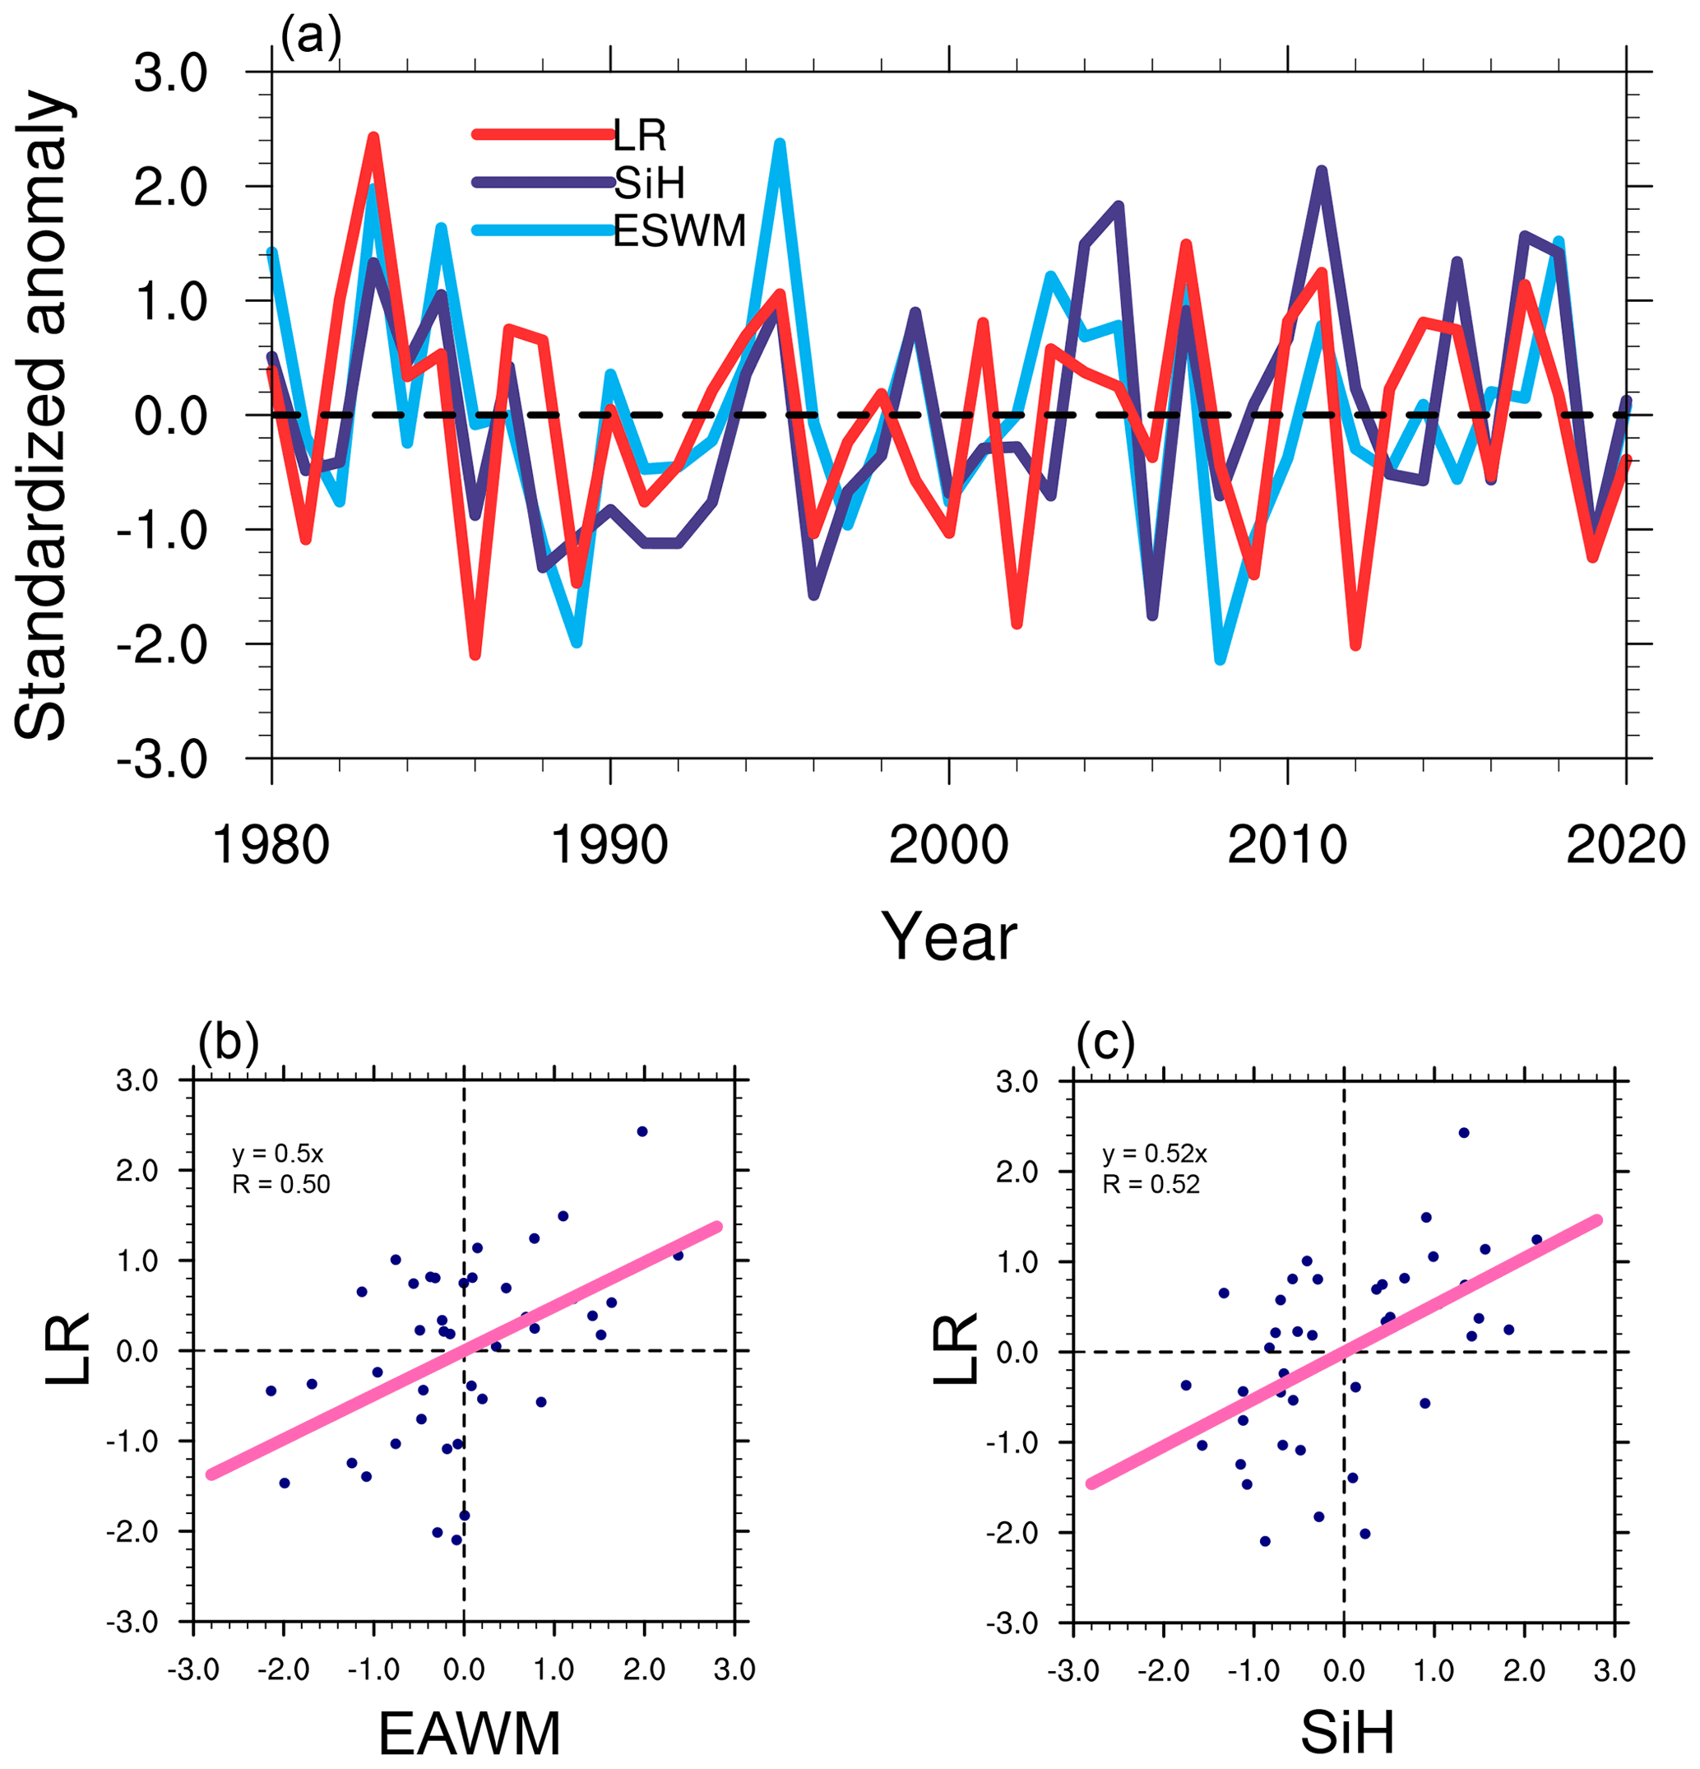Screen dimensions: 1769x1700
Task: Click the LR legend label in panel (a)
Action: coord(640,136)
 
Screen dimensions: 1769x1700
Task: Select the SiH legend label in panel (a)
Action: coord(649,183)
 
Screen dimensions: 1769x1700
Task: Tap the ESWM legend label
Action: coord(679,231)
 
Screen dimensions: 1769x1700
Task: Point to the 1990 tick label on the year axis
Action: coord(609,847)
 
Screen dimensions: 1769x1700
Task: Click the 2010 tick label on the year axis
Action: coord(1287,847)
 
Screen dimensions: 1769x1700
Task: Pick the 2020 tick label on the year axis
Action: coord(1625,847)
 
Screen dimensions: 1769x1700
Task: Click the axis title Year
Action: coord(948,937)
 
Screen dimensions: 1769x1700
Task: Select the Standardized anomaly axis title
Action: coord(40,416)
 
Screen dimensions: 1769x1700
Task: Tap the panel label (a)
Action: coord(310,38)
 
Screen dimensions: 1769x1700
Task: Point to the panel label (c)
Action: coord(1105,1042)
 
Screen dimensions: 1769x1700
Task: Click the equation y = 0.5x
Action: coord(278,1154)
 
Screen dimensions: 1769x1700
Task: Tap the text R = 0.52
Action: coord(1151,1184)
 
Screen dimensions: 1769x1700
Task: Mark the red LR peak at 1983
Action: coord(373,138)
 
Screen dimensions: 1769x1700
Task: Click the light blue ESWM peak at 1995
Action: coord(780,145)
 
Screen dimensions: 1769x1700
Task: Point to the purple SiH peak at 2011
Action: coord(1321,171)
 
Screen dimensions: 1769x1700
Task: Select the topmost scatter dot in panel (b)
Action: coord(642,1131)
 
